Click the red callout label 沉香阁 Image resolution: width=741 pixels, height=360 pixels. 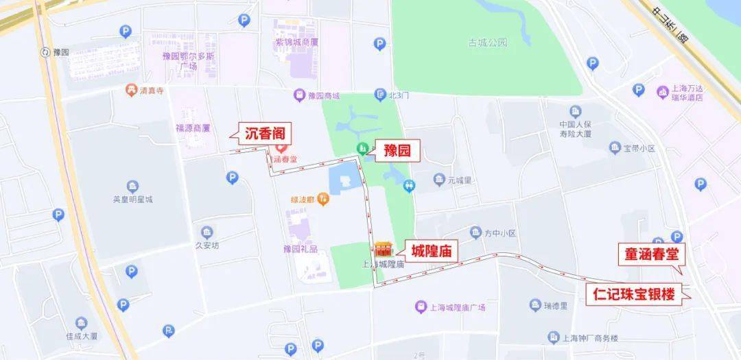(264, 134)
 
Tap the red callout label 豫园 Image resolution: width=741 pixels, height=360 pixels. (396, 151)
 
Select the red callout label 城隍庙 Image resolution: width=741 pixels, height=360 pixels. (434, 252)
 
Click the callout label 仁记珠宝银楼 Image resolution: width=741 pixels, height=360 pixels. (634, 296)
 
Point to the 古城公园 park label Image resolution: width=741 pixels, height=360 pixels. (487, 43)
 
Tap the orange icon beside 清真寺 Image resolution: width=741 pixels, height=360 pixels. (130, 90)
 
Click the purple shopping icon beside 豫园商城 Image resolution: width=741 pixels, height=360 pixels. (299, 95)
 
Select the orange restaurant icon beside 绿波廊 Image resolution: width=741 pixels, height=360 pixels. (324, 199)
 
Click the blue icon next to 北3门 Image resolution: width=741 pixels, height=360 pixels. (380, 95)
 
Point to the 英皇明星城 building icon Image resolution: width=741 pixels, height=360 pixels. (132, 187)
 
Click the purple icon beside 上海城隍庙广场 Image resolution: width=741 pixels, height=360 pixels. (421, 307)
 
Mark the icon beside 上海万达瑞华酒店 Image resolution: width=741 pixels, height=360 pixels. (662, 92)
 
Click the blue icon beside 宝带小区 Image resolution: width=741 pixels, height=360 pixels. (615, 147)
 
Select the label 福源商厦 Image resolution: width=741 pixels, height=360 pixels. (192, 128)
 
